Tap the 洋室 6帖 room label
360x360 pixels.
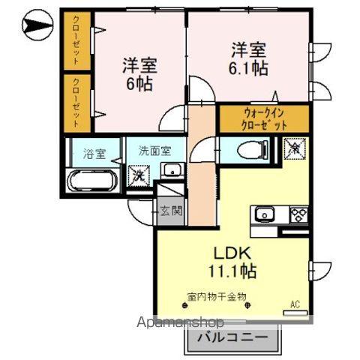[x=139, y=73]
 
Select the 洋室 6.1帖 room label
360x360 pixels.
[x=248, y=58]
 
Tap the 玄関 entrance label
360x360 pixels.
[x=170, y=211]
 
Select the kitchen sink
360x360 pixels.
[x=266, y=214]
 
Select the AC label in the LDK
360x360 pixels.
[x=295, y=304]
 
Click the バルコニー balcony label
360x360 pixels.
[x=232, y=339]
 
